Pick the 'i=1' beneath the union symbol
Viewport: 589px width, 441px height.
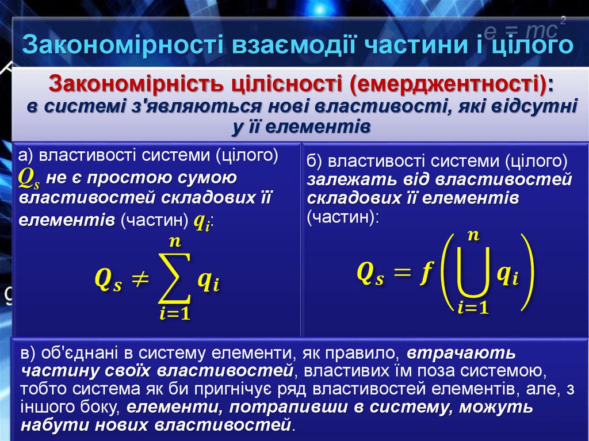click(473, 307)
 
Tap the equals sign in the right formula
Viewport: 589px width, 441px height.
click(401, 275)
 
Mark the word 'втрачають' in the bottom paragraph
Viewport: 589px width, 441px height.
click(461, 351)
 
